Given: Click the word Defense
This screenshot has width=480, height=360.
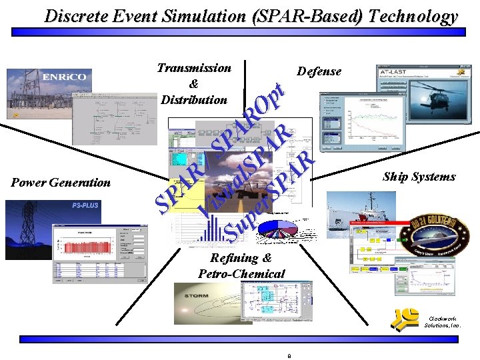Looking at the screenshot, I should pyautogui.click(x=319, y=71).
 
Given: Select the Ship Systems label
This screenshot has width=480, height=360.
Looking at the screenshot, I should pyautogui.click(x=419, y=177).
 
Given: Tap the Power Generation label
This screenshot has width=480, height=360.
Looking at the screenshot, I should pyautogui.click(x=61, y=182).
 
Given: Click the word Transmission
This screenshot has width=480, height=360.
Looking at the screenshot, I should pyautogui.click(x=194, y=67).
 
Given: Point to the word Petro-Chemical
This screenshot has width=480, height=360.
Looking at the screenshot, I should pyautogui.click(x=241, y=273).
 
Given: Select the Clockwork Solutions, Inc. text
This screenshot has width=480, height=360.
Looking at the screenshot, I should pyautogui.click(x=442, y=322).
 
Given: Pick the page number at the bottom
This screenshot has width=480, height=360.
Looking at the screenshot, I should pyautogui.click(x=289, y=355).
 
